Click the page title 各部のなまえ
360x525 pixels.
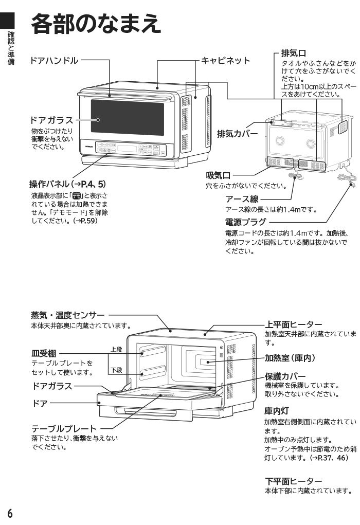(97, 24)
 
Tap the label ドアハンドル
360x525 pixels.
(54, 61)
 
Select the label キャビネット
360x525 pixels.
(225, 61)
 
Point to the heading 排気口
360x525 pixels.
(294, 53)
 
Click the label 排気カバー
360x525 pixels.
(237, 134)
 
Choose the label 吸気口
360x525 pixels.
(218, 176)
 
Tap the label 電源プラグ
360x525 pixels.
(246, 222)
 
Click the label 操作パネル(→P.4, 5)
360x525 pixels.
(67, 184)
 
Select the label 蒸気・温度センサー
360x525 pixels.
(67, 315)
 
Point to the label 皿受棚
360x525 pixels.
(44, 353)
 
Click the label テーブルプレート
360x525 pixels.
(64, 428)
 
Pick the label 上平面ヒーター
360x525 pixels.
(294, 324)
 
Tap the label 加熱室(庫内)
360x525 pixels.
(290, 358)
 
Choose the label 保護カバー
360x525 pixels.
(285, 376)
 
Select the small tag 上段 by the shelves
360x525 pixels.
(116, 350)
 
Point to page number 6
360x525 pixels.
(10, 513)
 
